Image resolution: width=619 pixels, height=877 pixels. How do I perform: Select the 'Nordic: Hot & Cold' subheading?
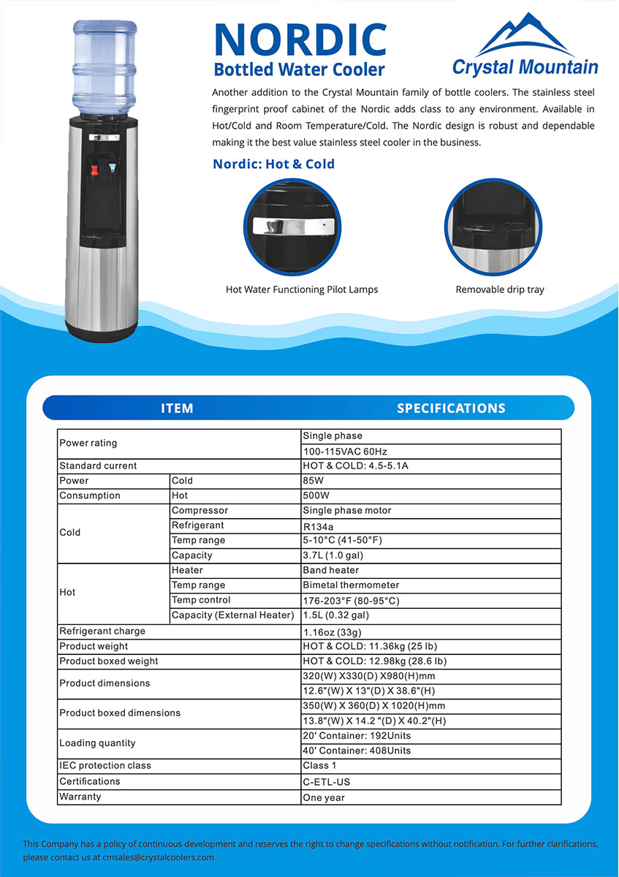(273, 164)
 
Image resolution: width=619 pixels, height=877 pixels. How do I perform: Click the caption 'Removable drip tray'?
(500, 289)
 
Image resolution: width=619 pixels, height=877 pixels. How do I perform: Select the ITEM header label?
(177, 408)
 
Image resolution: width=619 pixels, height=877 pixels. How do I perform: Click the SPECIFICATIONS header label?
(451, 408)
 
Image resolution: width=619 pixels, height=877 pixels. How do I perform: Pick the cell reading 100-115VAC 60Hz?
(346, 451)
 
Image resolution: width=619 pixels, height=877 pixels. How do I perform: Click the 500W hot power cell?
(316, 496)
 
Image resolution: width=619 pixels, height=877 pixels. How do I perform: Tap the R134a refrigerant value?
(319, 525)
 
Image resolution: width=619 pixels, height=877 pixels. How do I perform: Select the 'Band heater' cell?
(331, 570)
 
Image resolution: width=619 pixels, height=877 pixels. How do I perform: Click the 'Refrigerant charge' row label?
(102, 631)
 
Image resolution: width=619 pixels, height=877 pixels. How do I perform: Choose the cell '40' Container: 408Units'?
(357, 751)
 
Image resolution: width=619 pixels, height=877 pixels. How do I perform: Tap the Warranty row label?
(80, 796)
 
